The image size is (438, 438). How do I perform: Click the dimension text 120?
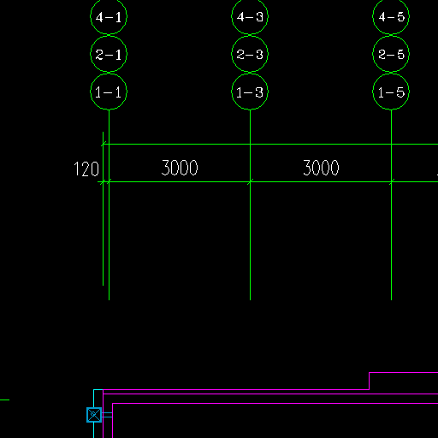click(x=86, y=169)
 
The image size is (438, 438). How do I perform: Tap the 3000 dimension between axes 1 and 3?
click(x=180, y=168)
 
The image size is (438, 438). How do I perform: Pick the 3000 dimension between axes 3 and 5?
click(x=321, y=168)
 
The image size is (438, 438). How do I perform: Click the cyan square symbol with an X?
click(x=94, y=415)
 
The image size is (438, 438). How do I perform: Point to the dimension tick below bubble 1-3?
click(x=250, y=181)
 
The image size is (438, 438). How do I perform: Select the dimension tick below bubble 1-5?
click(x=392, y=181)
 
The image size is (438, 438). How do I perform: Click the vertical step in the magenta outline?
click(x=370, y=381)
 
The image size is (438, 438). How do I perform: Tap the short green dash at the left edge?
click(x=4, y=400)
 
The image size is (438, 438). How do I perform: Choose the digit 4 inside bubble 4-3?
click(x=240, y=17)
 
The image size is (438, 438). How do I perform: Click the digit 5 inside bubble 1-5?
click(x=400, y=92)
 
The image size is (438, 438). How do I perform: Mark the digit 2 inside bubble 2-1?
click(x=99, y=55)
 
